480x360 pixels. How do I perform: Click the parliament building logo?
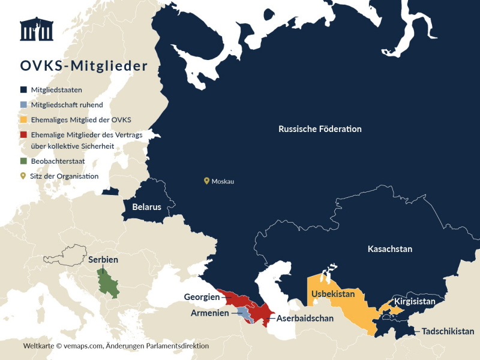tap(37, 29)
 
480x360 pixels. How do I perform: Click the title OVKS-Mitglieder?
tap(83, 65)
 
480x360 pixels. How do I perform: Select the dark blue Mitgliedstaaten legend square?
tap(23, 89)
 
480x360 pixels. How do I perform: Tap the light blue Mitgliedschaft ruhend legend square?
tap(23, 104)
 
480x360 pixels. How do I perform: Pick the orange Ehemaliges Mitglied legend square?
tap(23, 119)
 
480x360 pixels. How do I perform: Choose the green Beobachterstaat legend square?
tap(23, 161)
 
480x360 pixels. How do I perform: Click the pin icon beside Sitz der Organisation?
tap(23, 176)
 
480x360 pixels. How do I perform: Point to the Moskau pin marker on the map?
tap(206, 180)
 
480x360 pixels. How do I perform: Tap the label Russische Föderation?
tap(320, 129)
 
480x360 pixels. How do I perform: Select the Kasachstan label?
tap(389, 249)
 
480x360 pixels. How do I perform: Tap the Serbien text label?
tap(103, 260)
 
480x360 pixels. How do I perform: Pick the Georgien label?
tap(201, 296)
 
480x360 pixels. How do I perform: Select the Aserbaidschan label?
tap(305, 318)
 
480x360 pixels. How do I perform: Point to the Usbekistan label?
tap(337, 294)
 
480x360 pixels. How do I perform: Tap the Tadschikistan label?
tap(448, 331)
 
